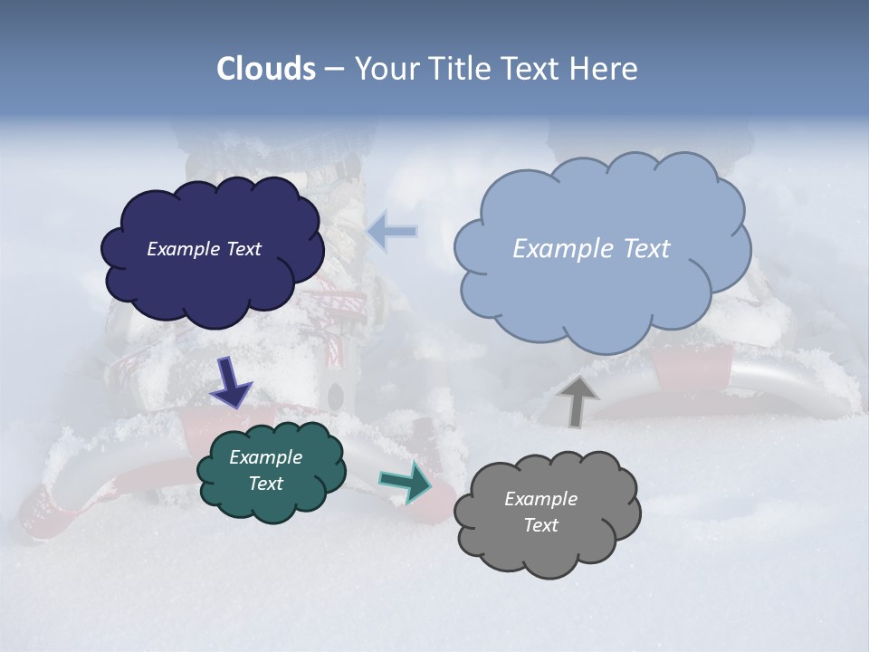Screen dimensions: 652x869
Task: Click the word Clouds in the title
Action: pyautogui.click(x=266, y=69)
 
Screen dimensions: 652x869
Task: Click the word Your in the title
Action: pyautogui.click(x=387, y=69)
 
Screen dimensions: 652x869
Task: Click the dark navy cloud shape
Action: pyautogui.click(x=213, y=281)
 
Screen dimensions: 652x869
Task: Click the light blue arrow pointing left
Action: pyautogui.click(x=393, y=232)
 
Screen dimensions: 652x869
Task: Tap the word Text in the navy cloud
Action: pyautogui.click(x=244, y=249)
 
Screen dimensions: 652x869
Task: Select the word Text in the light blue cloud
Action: pyautogui.click(x=647, y=249)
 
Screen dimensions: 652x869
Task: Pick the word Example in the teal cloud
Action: pyautogui.click(x=266, y=458)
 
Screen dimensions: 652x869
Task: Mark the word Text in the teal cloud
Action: pyautogui.click(x=266, y=484)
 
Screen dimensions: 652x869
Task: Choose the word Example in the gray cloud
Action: pyautogui.click(x=540, y=499)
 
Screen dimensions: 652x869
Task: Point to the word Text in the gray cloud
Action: pyautogui.click(x=540, y=525)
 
